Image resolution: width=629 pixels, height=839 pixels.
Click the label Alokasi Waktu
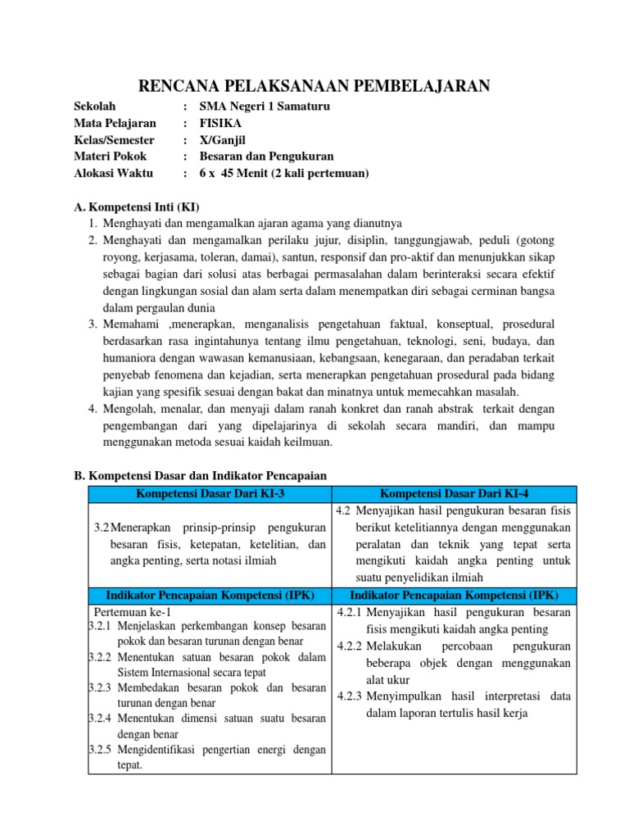click(x=114, y=173)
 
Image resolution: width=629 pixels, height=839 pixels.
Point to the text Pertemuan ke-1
click(x=133, y=611)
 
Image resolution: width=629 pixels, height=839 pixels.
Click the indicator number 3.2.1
click(x=100, y=626)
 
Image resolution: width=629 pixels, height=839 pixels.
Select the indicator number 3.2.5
click(x=100, y=749)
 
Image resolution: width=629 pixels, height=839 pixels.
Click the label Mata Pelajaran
click(x=115, y=124)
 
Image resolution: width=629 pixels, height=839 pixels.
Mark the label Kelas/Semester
click(x=114, y=140)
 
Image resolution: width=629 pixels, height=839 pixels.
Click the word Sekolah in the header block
click(x=95, y=107)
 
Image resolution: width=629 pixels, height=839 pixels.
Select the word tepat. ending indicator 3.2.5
click(x=129, y=765)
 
